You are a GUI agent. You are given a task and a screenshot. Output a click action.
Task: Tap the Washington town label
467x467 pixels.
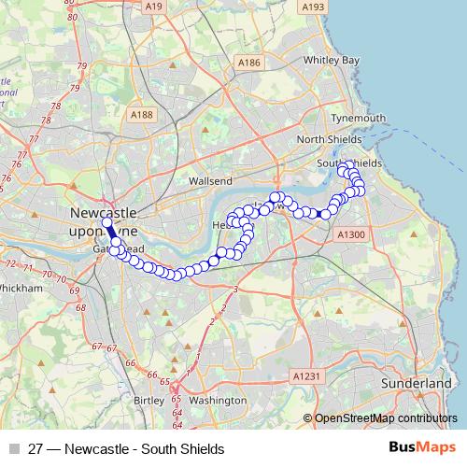pos(217,399)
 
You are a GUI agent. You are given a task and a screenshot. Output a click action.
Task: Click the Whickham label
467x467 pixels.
pos(21,289)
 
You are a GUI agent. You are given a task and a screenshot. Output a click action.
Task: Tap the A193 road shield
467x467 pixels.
pos(313,7)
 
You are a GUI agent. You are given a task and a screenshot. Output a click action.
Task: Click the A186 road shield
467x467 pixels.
pos(248,63)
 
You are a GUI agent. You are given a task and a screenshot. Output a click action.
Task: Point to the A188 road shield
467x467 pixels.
pos(142,115)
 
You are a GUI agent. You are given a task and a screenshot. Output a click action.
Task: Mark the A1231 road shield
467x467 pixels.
pos(306,375)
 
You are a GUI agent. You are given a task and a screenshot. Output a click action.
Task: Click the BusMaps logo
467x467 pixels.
pos(421,448)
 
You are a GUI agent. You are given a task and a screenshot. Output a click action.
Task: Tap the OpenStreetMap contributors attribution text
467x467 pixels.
pos(386,419)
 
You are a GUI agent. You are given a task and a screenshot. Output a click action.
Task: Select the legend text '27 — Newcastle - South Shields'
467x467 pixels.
pos(126,449)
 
